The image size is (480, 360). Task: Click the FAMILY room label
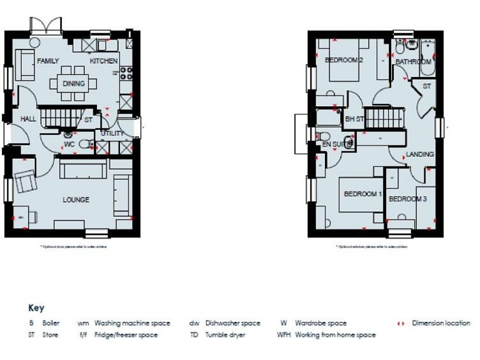coord(47,61)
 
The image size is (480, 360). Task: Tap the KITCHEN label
coord(103,61)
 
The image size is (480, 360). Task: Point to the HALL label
coord(28,119)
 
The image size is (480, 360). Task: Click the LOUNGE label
coord(76,200)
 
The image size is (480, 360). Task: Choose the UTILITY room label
coord(112,133)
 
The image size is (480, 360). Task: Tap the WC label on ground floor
coord(69,145)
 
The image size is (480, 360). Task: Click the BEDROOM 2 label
coord(344,60)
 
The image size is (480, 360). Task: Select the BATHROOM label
coord(413,62)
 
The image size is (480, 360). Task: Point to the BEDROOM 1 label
coord(362,194)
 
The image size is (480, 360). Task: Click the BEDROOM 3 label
coord(407,199)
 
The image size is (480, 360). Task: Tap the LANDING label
coord(419,154)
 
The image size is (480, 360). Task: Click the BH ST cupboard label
coord(354,118)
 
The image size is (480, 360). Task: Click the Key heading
coord(36,308)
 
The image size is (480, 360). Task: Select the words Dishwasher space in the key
coord(232,323)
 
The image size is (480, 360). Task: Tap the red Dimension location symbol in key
coord(402,323)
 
